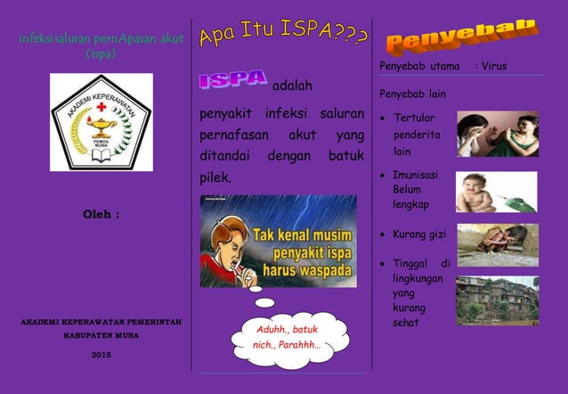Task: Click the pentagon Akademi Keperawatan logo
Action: coord(101,121)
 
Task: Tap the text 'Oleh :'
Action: coord(101,215)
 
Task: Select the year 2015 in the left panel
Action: coord(101,355)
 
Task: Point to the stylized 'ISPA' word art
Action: coord(232,80)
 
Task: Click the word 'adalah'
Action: coord(291,86)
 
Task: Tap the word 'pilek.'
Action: coord(215,177)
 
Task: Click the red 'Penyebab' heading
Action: coord(461,34)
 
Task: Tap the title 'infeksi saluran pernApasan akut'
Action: coord(101,39)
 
